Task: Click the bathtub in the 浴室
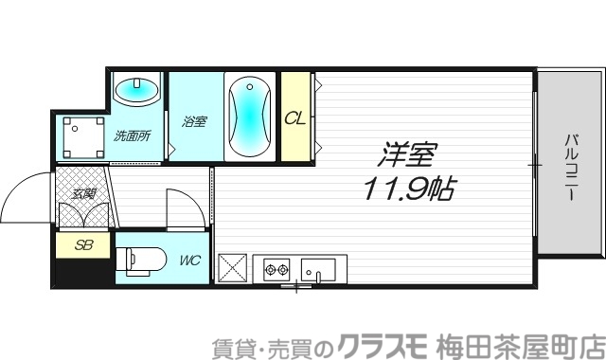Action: click(250, 117)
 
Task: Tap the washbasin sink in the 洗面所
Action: click(137, 92)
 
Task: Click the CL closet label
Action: click(294, 118)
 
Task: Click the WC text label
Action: click(188, 259)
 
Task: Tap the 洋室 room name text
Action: click(408, 153)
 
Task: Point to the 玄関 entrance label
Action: click(83, 193)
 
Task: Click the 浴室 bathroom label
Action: click(194, 120)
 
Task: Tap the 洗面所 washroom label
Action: click(133, 135)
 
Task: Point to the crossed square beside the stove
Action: click(233, 269)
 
